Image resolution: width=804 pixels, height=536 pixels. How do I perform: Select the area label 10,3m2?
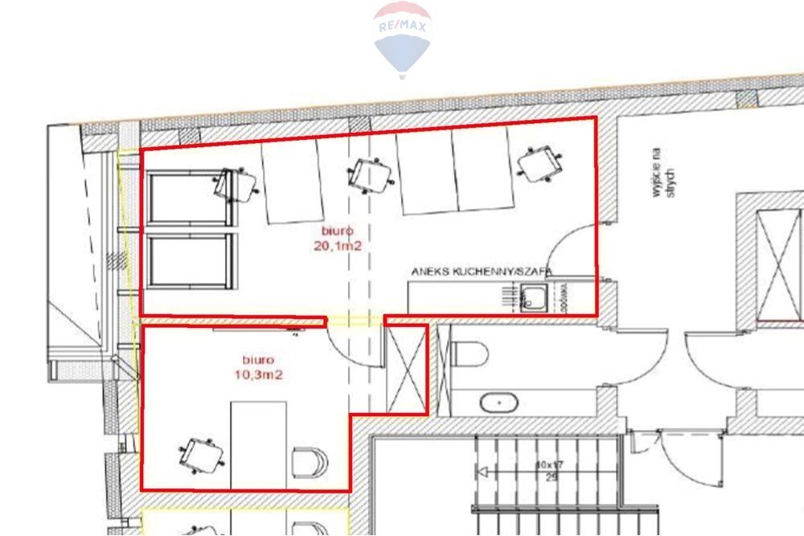259,374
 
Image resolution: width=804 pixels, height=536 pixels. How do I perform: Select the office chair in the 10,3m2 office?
201,456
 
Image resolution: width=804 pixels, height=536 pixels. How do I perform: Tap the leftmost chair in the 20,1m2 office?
236,185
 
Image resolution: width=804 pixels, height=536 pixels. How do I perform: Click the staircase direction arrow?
483,472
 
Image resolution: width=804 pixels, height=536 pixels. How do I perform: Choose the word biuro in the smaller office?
259,361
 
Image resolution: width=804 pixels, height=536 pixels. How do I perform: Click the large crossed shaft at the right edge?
780,256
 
